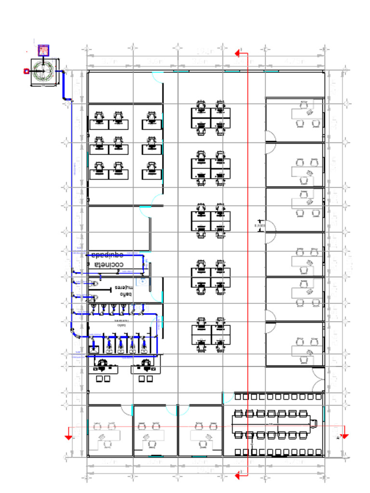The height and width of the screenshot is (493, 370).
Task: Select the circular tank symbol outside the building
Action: tap(43, 72)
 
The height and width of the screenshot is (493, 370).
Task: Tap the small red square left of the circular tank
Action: tap(26, 71)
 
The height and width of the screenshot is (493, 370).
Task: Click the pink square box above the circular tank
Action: tap(44, 50)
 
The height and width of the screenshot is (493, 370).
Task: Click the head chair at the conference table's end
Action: tap(314, 423)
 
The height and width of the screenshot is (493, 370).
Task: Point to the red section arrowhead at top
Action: tap(238, 53)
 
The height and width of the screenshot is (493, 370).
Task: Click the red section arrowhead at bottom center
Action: tap(238, 476)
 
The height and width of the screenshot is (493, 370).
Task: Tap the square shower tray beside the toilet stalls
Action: tap(94, 350)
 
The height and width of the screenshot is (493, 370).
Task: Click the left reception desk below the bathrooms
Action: tap(106, 369)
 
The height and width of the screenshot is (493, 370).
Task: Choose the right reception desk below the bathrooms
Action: tap(145, 369)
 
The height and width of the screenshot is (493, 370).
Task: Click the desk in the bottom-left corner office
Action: tap(108, 436)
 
